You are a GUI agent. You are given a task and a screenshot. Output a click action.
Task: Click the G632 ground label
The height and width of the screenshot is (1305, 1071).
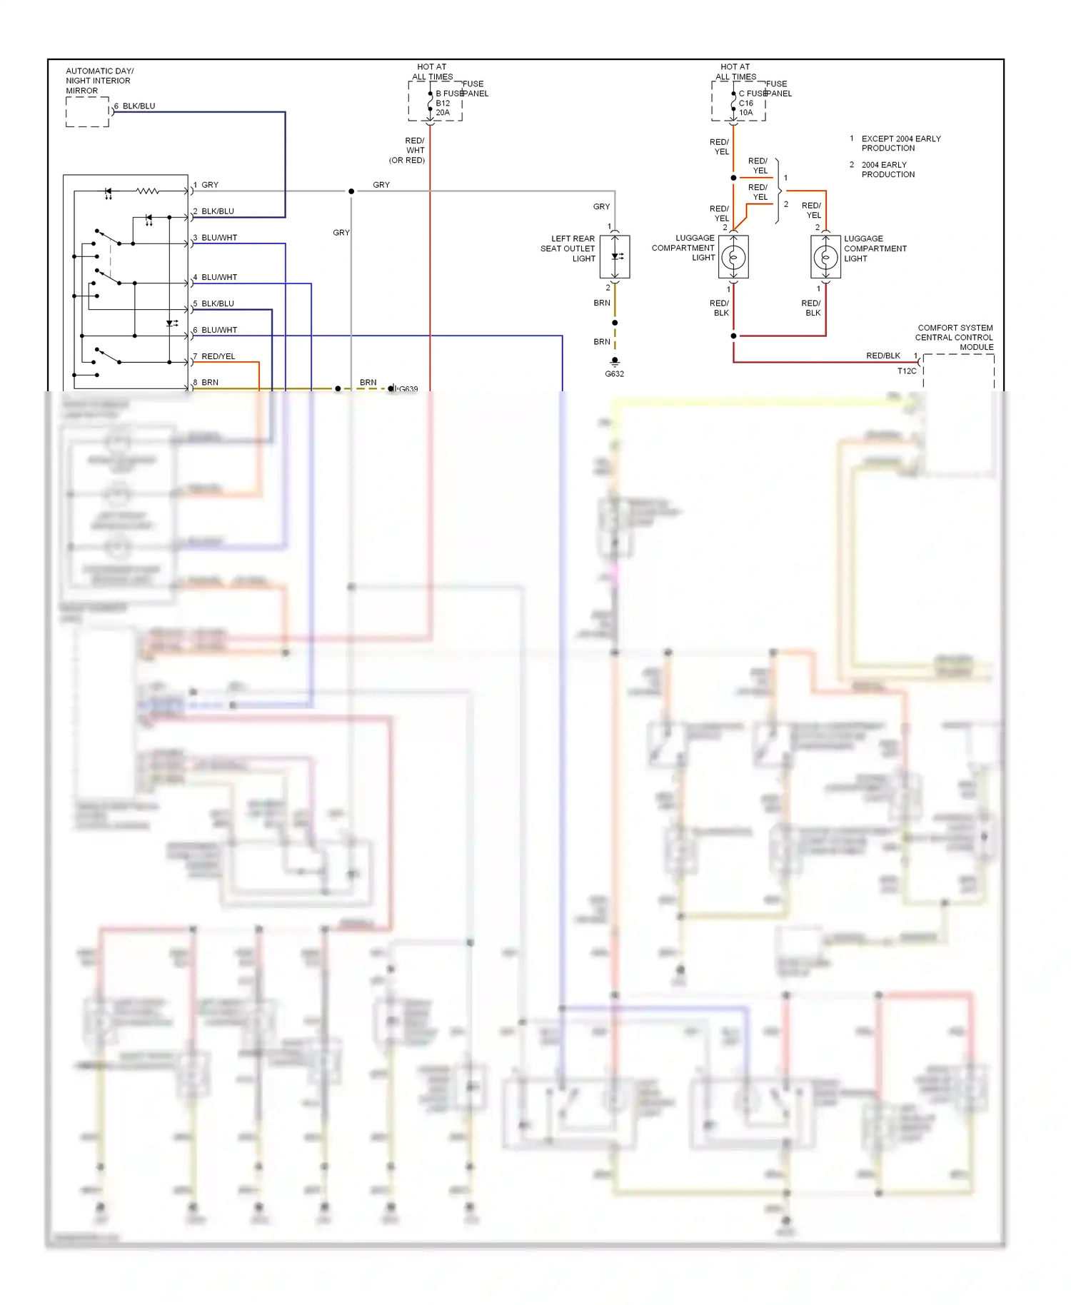[x=614, y=373]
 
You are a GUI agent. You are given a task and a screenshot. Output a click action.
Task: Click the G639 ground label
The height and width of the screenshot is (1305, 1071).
[x=408, y=389]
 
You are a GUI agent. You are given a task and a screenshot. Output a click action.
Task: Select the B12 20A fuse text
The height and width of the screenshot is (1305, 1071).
[x=443, y=108]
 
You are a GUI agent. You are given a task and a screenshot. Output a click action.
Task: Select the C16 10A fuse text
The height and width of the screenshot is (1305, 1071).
[x=745, y=108]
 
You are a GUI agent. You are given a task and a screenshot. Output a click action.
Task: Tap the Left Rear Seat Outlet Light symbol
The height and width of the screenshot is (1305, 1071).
[x=615, y=256]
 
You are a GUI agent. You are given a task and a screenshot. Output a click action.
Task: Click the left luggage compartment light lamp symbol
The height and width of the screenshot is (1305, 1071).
[x=733, y=256]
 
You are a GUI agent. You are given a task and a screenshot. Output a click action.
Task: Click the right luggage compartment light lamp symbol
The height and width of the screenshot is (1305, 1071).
[x=825, y=256]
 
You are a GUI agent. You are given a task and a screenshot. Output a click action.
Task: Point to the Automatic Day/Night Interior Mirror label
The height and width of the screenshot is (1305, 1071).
[x=99, y=81]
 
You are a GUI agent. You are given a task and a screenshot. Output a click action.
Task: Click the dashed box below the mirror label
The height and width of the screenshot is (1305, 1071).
[x=87, y=112]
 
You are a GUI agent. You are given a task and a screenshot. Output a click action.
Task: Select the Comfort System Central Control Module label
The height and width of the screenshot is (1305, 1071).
[x=955, y=338]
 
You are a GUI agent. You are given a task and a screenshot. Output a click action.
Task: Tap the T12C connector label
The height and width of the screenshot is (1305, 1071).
[x=906, y=371]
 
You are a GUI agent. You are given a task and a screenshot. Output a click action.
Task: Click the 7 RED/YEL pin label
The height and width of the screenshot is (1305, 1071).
[x=214, y=356]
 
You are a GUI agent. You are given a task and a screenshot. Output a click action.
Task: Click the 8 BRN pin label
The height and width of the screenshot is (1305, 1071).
[x=206, y=383]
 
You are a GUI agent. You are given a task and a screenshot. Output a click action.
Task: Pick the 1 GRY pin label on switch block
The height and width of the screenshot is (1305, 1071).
[x=206, y=185]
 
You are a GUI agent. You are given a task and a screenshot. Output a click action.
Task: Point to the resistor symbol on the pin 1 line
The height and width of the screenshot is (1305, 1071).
[x=147, y=191]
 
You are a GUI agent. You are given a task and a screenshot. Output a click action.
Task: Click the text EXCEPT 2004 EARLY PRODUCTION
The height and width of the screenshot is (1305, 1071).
[x=900, y=143]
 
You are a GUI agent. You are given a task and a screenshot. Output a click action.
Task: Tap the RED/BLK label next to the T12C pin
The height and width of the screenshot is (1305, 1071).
[x=883, y=356]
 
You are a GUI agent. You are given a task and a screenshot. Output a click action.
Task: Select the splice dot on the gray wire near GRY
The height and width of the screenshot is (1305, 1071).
[x=351, y=191]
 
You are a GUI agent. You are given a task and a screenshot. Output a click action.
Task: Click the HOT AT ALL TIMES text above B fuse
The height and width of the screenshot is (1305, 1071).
[x=432, y=71]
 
